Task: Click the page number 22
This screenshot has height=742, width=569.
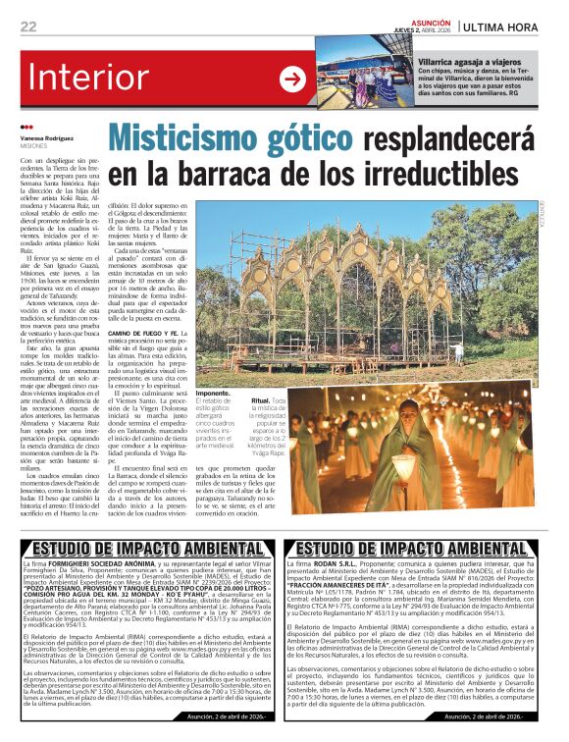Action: click(28, 26)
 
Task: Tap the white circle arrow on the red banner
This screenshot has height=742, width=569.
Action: click(292, 79)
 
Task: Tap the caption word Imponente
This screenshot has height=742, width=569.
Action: click(217, 392)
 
